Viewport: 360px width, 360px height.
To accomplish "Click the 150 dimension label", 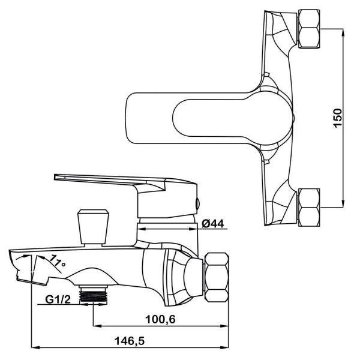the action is click(337, 118).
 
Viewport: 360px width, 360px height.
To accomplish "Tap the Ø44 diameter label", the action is click(213, 223).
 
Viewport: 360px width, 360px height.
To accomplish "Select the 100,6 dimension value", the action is click(161, 319).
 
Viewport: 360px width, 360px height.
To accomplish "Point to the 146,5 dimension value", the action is click(130, 341).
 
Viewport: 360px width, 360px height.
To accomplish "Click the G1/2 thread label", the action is click(58, 299).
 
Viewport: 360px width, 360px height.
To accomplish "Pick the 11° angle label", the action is click(58, 261).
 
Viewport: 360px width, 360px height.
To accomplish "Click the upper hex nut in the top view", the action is click(309, 29).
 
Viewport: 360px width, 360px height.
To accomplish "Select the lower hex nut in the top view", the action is click(309, 208).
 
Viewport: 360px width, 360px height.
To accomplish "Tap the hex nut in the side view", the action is click(217, 277).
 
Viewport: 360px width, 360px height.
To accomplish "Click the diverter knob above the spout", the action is click(93, 227).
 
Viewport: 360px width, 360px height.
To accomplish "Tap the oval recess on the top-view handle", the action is click(230, 118).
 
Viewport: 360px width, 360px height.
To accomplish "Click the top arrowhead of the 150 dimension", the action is click(343, 33).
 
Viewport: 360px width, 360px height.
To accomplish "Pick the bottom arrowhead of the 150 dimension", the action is click(343, 204).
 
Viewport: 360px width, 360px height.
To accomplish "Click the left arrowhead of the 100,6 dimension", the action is click(97, 325).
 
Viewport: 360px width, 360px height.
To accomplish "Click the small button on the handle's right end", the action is click(198, 203).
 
